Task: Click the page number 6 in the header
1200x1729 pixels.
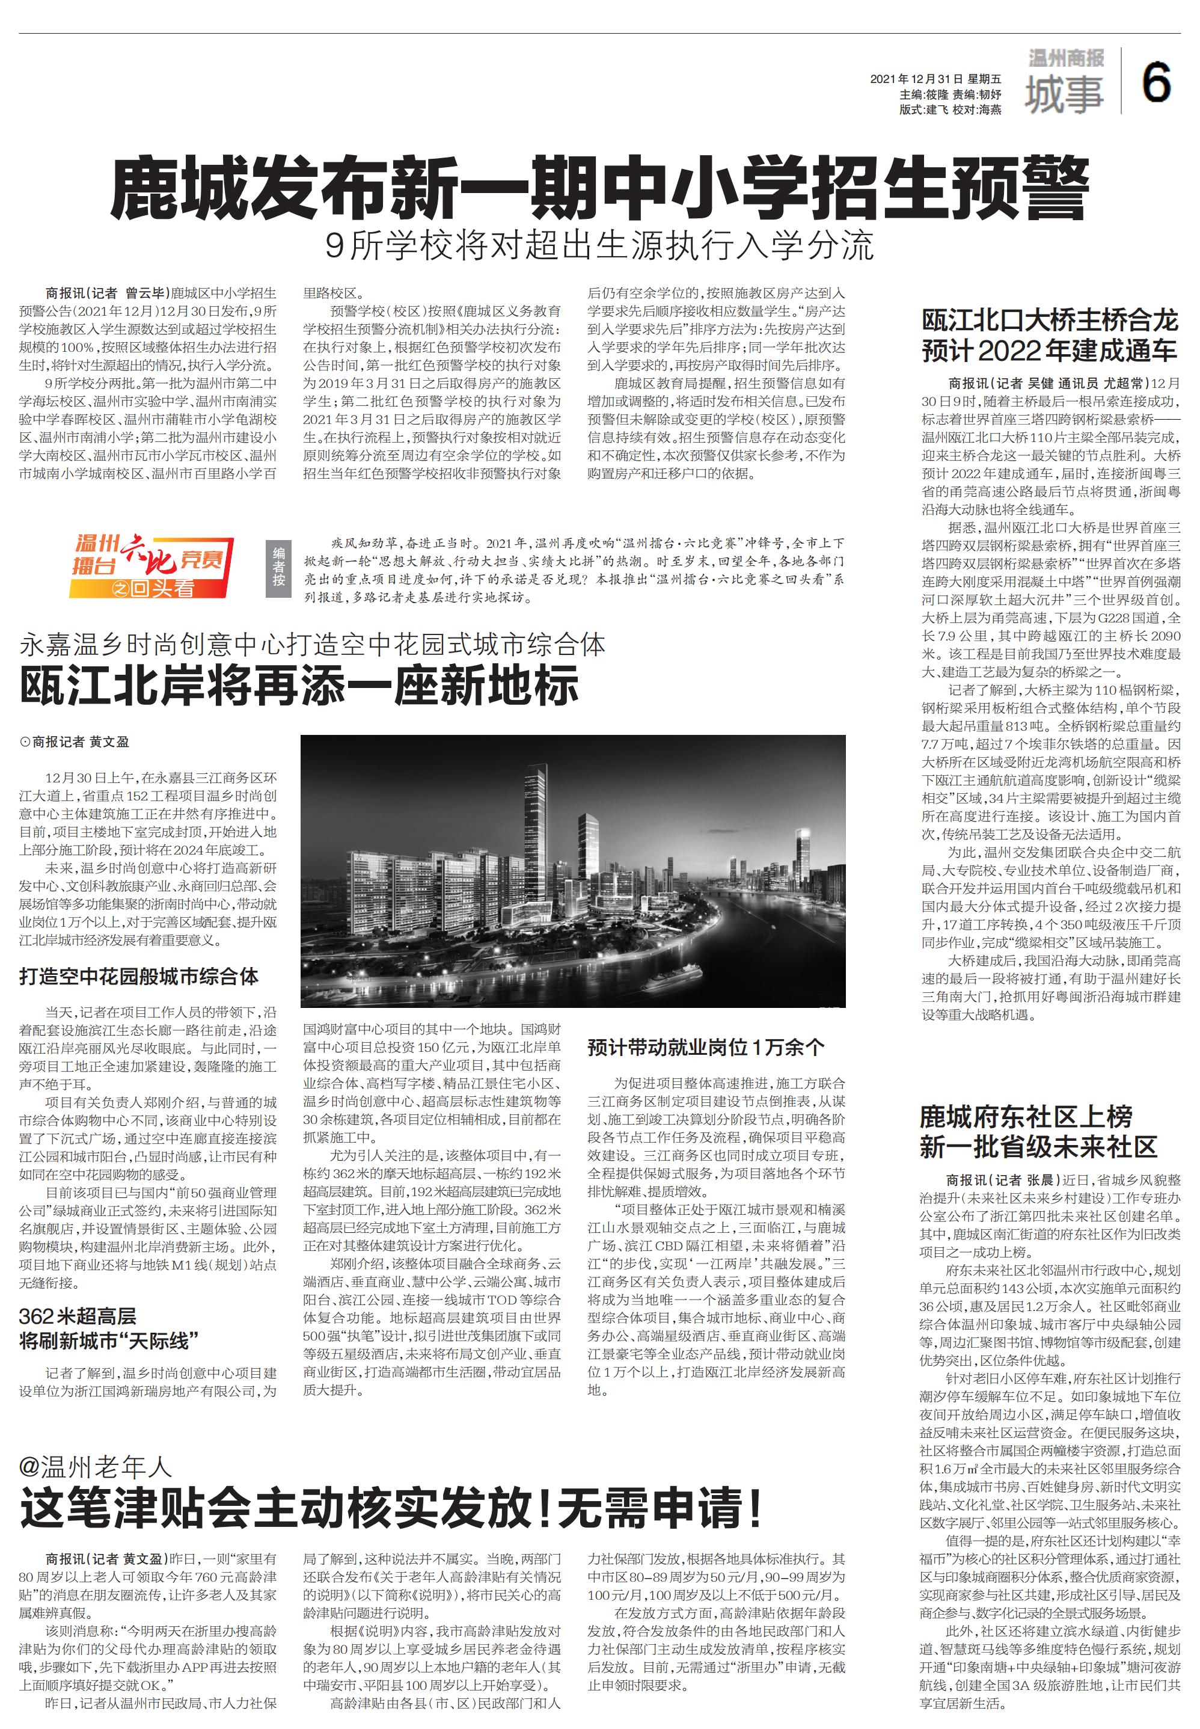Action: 1156,83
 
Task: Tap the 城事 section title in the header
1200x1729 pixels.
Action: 1064,94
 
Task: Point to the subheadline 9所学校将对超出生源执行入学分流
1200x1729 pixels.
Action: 599,245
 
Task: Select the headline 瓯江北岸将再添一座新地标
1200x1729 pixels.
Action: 299,684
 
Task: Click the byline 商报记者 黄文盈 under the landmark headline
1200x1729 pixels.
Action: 75,742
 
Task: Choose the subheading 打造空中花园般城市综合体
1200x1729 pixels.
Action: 139,976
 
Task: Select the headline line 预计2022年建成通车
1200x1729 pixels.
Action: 1049,351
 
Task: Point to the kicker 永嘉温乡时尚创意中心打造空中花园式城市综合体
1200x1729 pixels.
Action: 312,645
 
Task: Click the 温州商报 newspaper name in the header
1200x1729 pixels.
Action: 1066,58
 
